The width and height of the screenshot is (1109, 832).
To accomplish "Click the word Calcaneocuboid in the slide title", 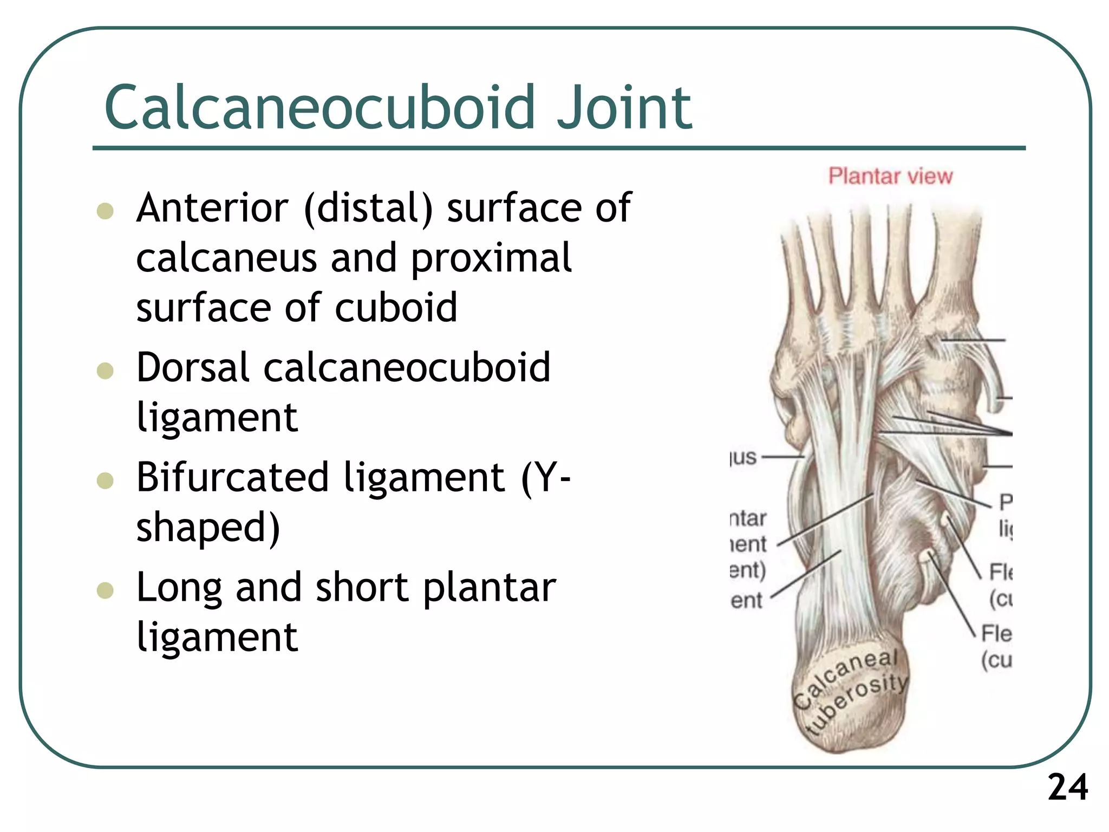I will (x=319, y=108).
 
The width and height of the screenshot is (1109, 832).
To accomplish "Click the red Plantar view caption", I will (x=890, y=177).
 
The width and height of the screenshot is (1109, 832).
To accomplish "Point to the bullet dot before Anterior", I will (x=105, y=210).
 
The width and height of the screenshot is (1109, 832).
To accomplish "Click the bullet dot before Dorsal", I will (x=105, y=370).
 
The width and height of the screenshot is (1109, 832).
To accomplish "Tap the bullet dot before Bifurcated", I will (x=105, y=480).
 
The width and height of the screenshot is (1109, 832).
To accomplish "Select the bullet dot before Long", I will (x=105, y=590).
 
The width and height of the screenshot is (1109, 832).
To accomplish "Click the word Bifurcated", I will (x=232, y=478).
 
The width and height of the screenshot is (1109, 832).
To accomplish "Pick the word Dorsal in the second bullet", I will (x=193, y=368).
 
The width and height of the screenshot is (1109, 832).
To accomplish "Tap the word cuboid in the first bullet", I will (x=396, y=308).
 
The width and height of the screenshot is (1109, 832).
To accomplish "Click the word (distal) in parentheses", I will (x=369, y=209).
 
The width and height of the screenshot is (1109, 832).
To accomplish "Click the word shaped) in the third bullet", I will (x=208, y=528).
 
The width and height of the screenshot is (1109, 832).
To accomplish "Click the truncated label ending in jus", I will (x=743, y=457).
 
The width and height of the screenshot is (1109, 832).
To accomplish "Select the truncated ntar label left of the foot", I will (x=748, y=519).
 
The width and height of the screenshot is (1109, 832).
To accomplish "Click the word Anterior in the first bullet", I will (x=212, y=208).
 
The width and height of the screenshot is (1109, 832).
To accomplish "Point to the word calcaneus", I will (x=226, y=258).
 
